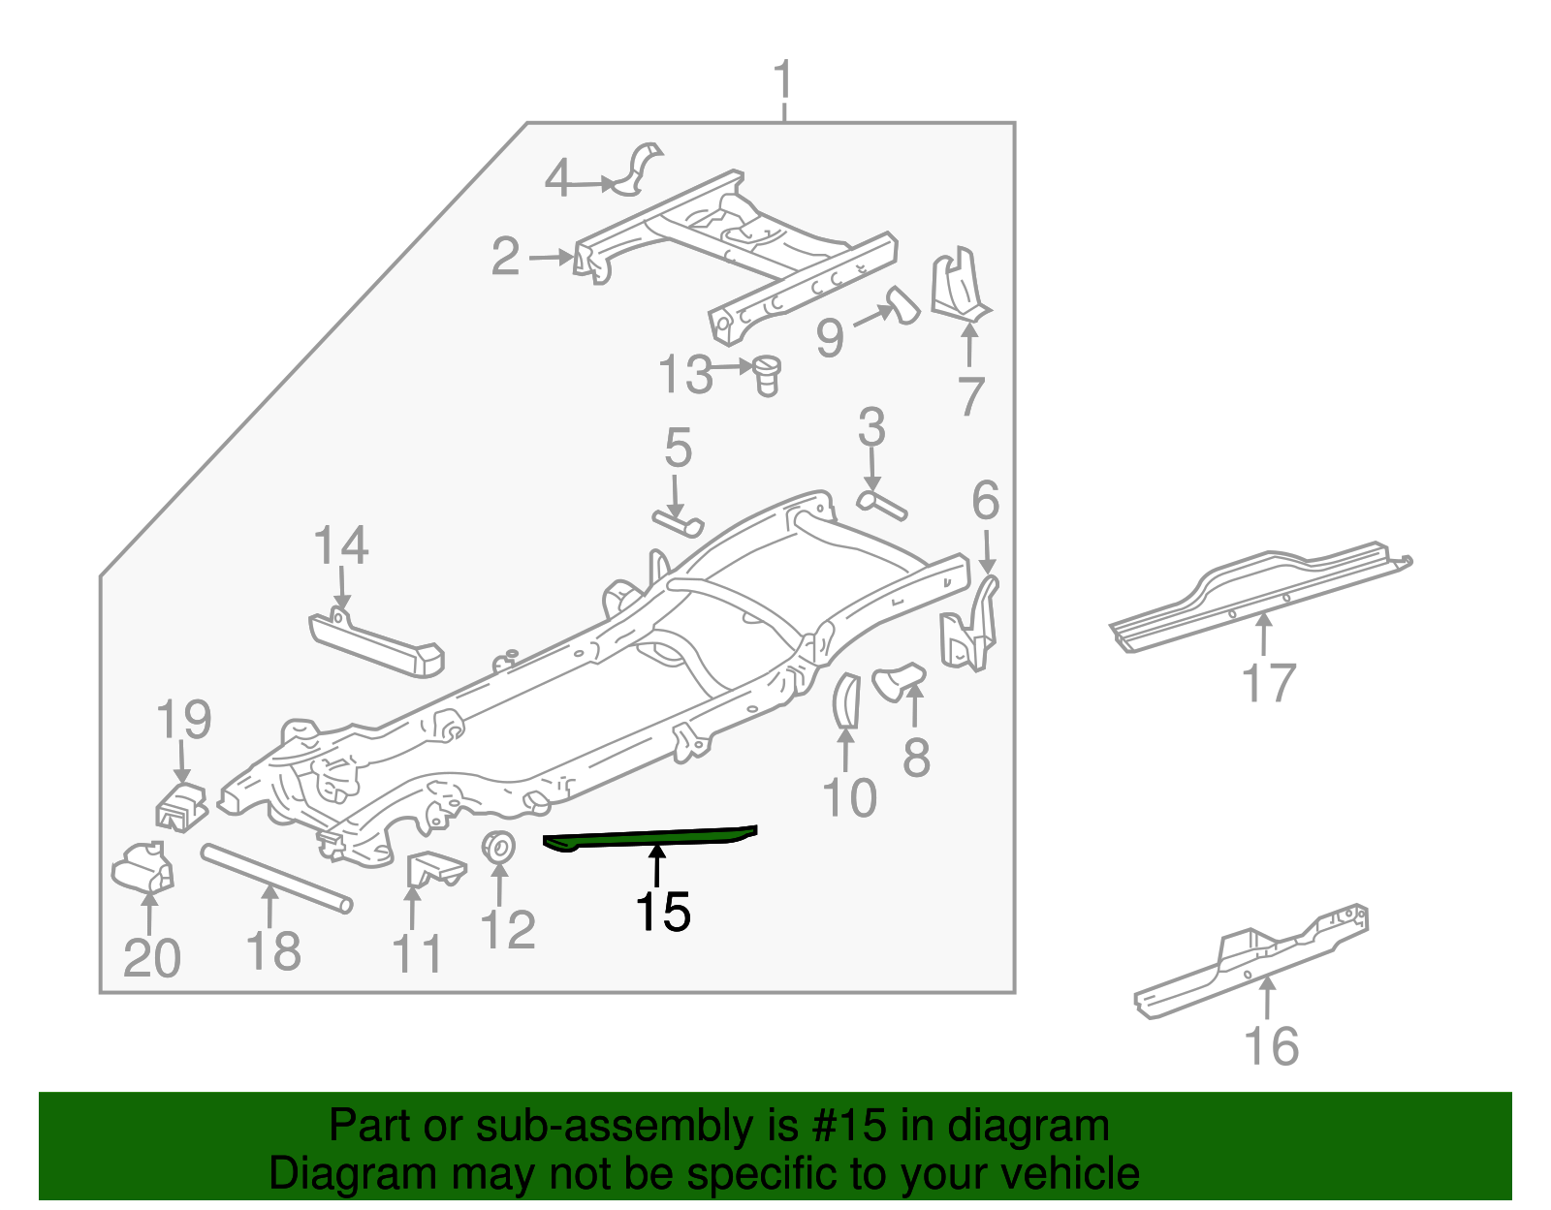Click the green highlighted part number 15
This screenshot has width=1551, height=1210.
649,837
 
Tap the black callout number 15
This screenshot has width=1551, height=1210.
662,913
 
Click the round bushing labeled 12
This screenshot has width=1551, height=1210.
498,847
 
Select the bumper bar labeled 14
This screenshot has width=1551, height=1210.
378,643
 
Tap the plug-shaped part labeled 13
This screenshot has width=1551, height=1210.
768,374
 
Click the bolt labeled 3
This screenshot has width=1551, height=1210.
881,503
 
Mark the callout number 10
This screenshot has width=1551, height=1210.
849,797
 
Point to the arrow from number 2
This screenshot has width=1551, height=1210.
552,257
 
